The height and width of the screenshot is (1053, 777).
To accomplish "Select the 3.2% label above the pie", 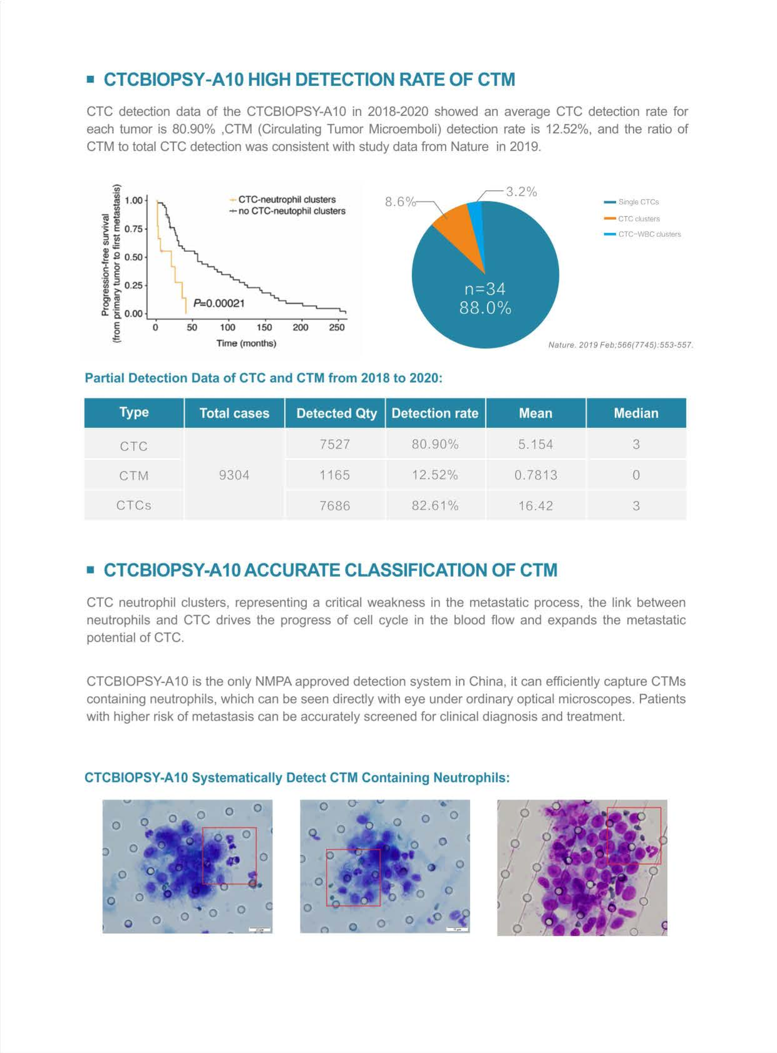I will click(x=521, y=192).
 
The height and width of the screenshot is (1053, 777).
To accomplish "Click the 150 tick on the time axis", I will click(x=264, y=327).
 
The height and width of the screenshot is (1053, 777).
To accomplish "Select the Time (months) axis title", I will click(x=246, y=343).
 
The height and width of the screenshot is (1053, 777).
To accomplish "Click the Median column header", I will click(x=636, y=413).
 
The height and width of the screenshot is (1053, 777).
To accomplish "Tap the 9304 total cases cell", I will click(x=234, y=475).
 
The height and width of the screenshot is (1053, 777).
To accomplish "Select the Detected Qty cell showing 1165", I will click(x=334, y=475).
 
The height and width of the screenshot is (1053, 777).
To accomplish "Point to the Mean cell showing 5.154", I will click(x=535, y=444).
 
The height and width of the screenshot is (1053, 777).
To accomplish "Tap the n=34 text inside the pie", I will click(x=485, y=289).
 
